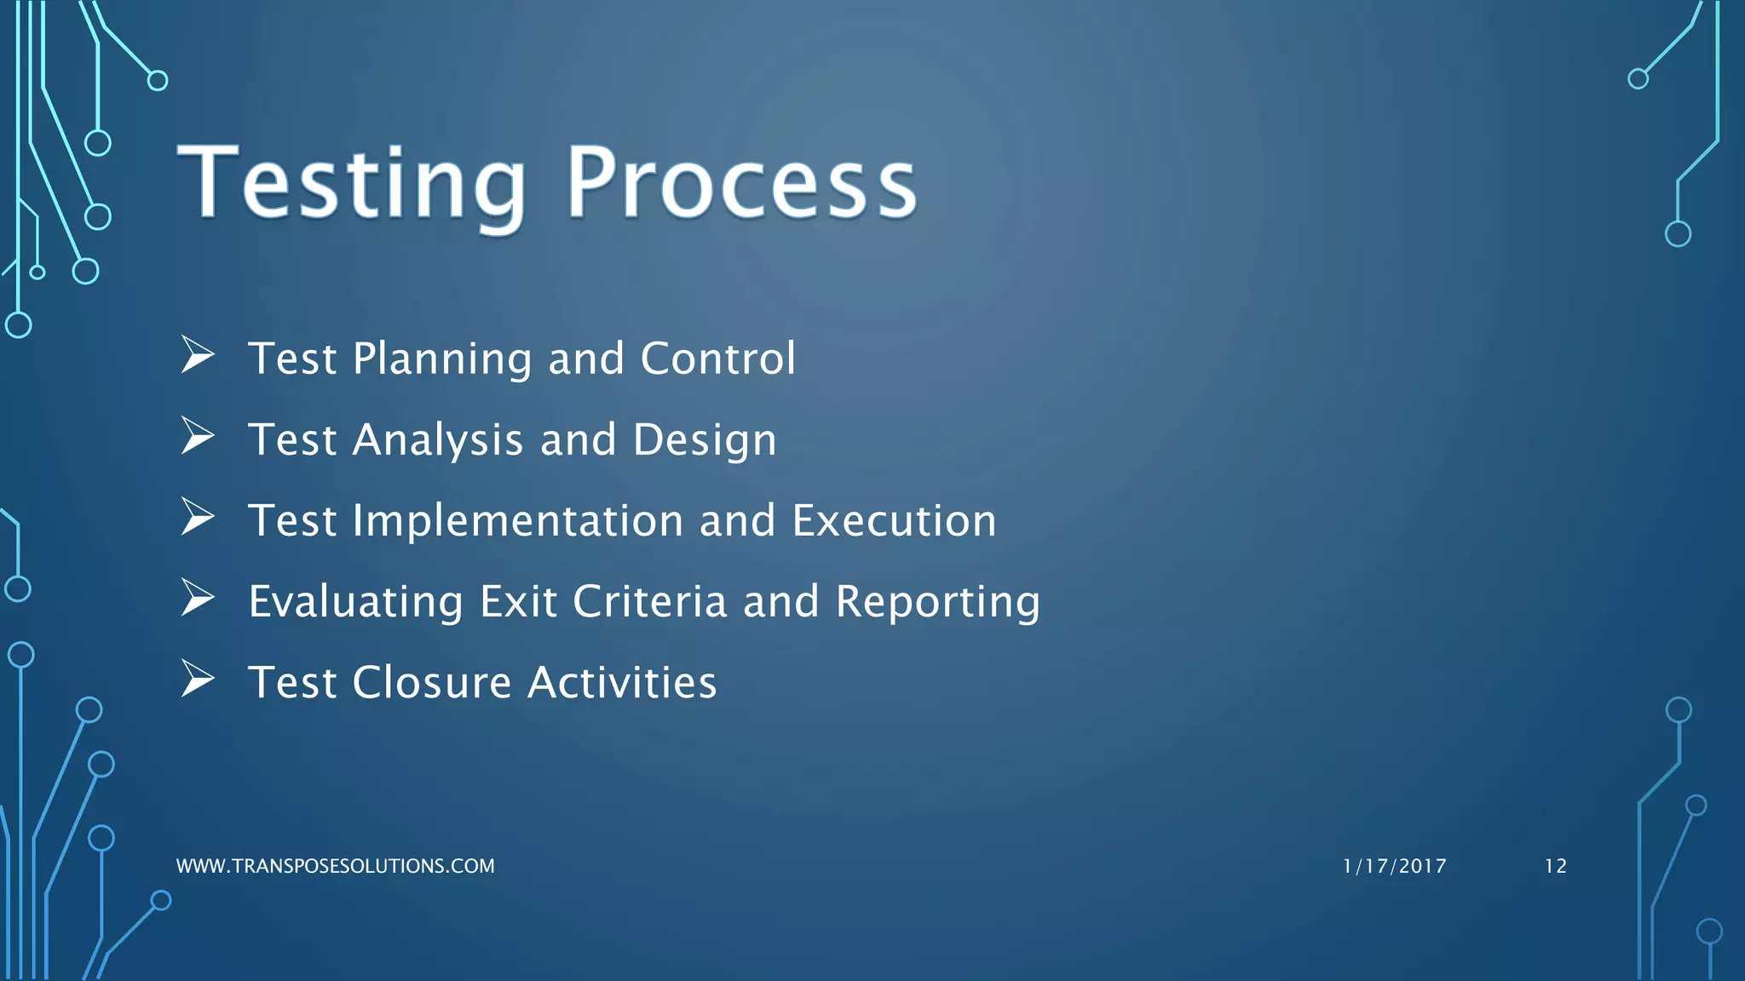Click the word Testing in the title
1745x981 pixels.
[351, 184]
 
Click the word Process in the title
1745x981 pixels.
[741, 184]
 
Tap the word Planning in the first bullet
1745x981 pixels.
[442, 359]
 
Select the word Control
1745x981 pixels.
[717, 359]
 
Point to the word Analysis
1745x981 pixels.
[438, 440]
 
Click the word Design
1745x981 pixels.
[705, 440]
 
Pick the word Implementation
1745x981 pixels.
[518, 520]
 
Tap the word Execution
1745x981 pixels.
[894, 520]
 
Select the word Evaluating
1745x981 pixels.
[355, 602]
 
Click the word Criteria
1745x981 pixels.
[650, 601]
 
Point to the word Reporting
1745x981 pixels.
[937, 603]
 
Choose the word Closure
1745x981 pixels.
[432, 683]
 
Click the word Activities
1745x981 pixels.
[622, 683]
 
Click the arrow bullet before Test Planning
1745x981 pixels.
[197, 355]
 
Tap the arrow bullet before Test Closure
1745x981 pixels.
[197, 680]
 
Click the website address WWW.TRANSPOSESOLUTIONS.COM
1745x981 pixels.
[335, 866]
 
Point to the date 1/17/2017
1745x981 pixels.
[1394, 866]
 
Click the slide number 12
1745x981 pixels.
[1555, 866]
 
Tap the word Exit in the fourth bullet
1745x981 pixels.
[518, 601]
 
